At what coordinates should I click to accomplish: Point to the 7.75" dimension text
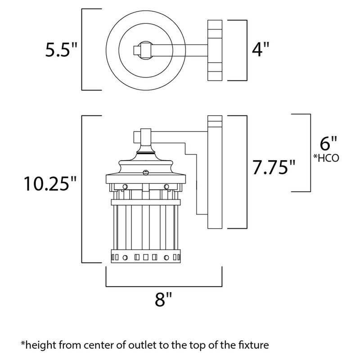coord(274,168)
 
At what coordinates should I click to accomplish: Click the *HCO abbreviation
coord(327,158)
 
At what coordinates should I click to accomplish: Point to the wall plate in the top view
coord(214,50)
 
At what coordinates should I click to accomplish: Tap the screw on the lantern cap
coord(145,171)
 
